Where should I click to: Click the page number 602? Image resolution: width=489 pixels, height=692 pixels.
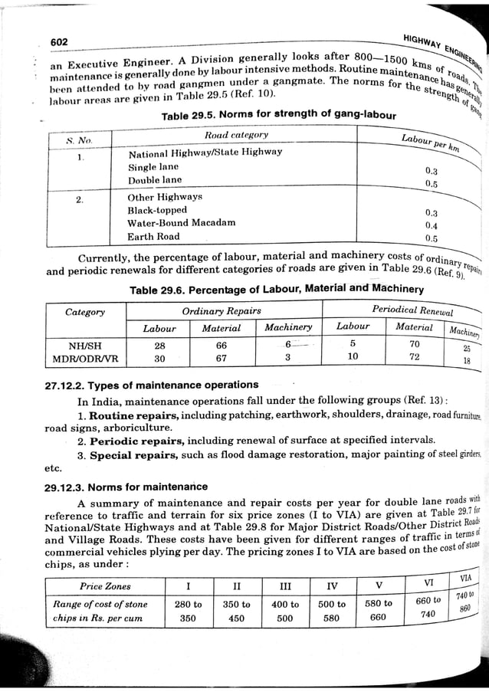tap(59, 41)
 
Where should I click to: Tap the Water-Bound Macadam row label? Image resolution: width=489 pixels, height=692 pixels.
tap(181, 223)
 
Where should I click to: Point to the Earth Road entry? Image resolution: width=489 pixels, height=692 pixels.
tap(154, 237)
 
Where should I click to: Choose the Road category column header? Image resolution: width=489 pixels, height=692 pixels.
tap(236, 136)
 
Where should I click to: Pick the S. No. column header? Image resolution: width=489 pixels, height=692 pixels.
tap(79, 141)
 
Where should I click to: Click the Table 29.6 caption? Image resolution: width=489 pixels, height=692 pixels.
tap(276, 289)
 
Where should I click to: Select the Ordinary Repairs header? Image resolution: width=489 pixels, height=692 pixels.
tap(221, 311)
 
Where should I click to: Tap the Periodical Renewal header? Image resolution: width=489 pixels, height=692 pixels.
tap(412, 310)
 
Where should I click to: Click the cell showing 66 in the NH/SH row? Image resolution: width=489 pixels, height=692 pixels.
tap(222, 345)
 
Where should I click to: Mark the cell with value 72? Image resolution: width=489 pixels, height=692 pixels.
tap(415, 357)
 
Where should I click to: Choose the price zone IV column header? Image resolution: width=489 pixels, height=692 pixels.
tap(332, 586)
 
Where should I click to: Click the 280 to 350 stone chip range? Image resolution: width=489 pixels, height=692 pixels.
tap(189, 611)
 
